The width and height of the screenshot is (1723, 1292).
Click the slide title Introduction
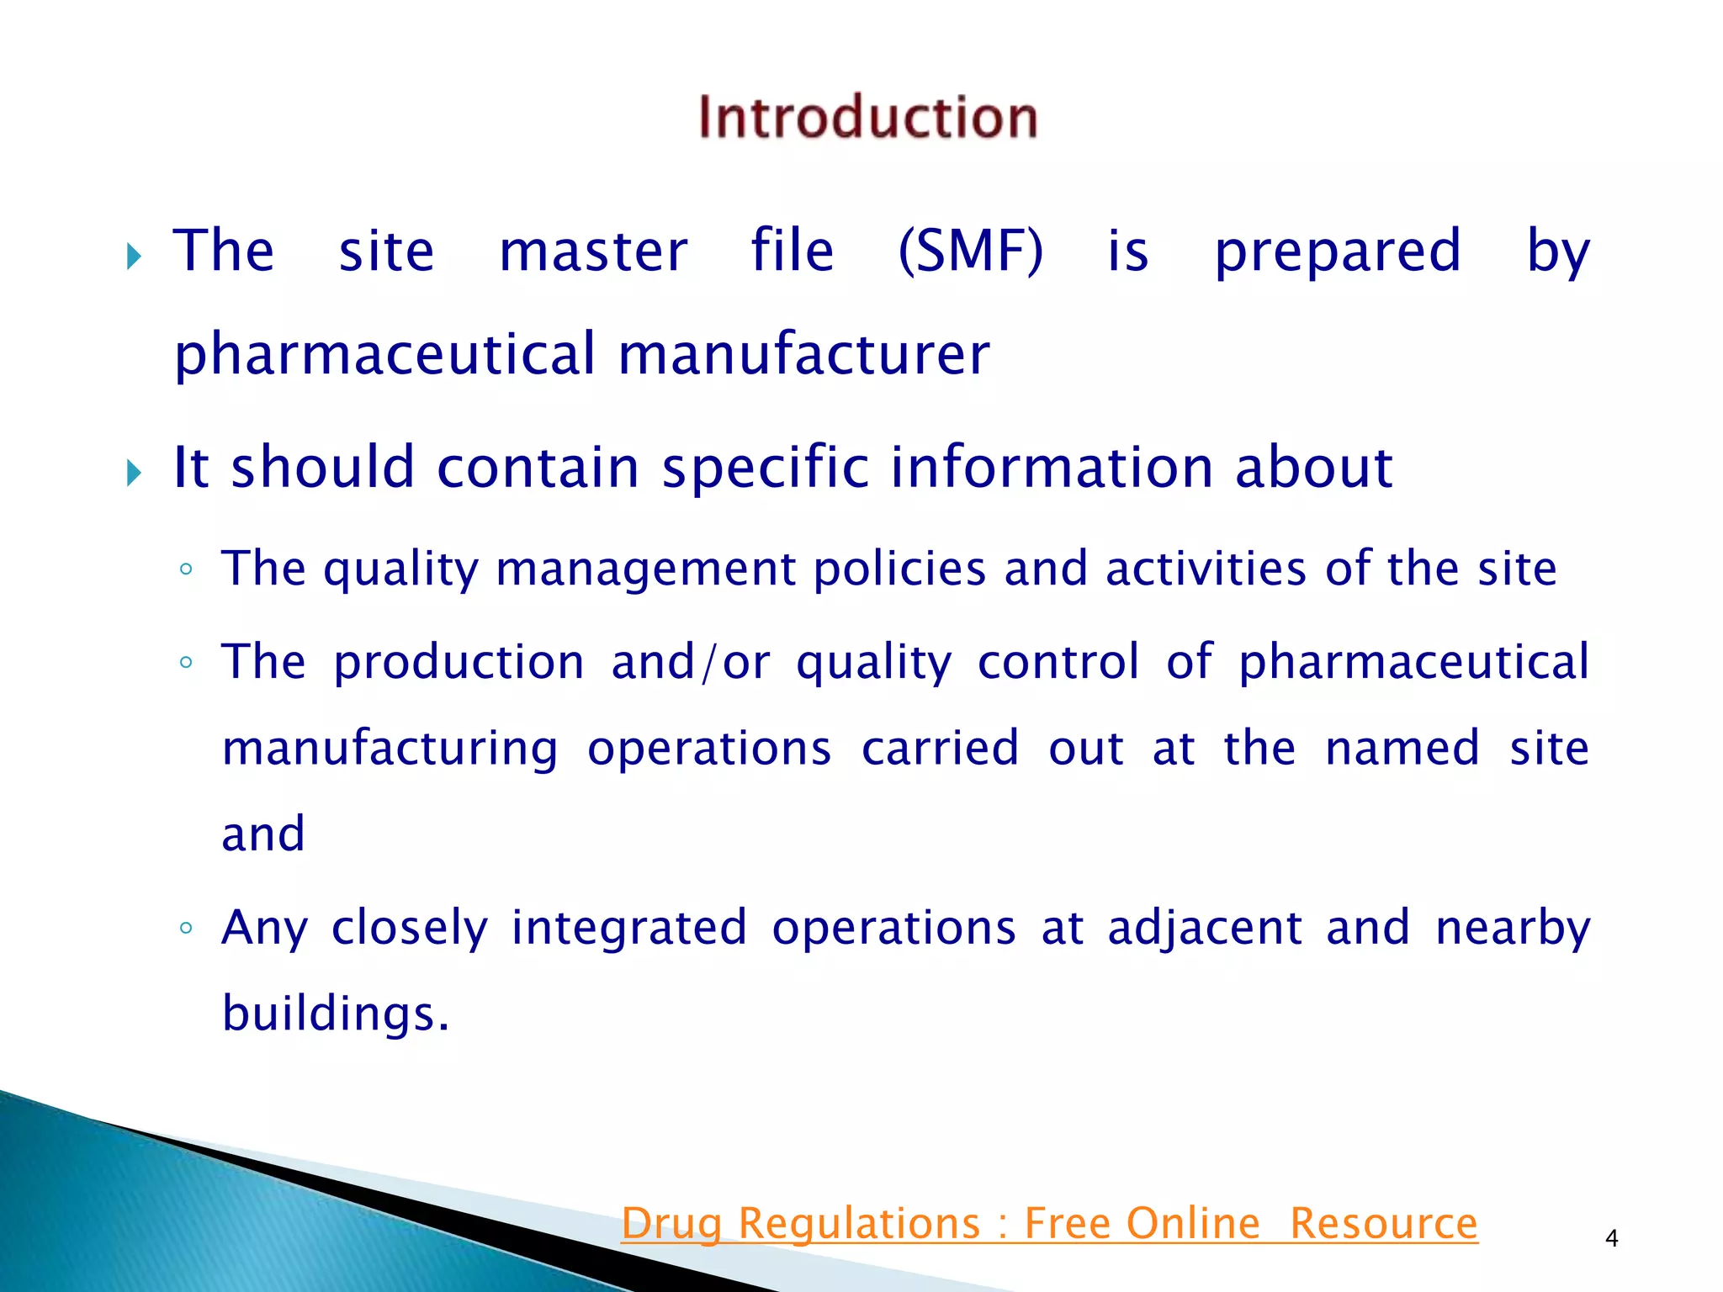(x=867, y=117)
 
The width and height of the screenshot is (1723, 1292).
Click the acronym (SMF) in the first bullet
(x=970, y=251)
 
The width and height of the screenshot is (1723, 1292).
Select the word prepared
(x=1338, y=251)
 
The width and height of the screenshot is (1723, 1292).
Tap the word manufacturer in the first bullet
(x=803, y=353)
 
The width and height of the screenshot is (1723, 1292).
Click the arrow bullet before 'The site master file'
(x=134, y=256)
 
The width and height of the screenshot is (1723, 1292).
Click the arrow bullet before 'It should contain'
(x=134, y=473)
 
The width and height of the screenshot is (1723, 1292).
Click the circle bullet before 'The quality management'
(x=186, y=570)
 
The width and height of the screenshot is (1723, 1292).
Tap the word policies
(x=899, y=569)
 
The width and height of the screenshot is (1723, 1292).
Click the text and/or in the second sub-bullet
(x=690, y=662)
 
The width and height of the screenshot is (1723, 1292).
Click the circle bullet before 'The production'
(x=186, y=663)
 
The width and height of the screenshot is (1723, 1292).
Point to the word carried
(x=940, y=748)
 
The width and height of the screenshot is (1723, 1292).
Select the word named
(x=1402, y=748)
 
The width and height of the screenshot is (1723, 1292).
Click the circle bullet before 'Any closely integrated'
(x=186, y=929)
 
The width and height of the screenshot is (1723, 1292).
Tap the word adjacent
(x=1204, y=929)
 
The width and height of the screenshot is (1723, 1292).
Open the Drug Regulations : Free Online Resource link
(x=1049, y=1223)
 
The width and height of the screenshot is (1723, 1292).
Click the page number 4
(x=1611, y=1238)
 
